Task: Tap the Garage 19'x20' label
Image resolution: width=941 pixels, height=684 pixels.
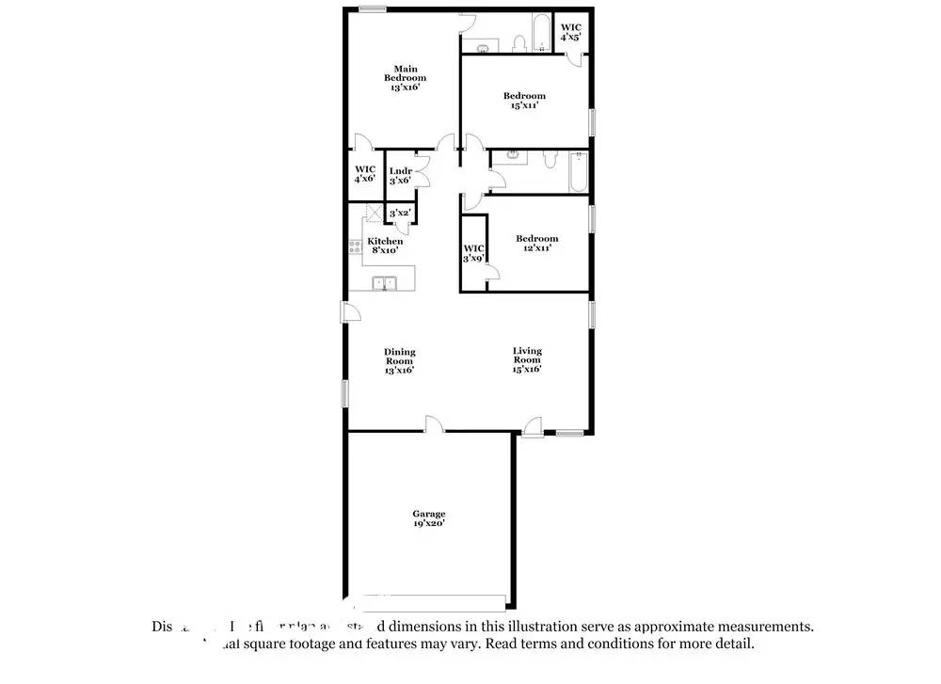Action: click(428, 518)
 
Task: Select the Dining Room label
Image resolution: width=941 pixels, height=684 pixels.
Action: click(399, 361)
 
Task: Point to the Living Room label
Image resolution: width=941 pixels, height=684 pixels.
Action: click(527, 360)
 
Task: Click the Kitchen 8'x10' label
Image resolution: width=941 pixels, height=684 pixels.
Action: click(385, 247)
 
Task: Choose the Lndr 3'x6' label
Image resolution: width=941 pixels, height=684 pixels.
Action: click(400, 176)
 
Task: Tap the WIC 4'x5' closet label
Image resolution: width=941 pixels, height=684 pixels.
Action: click(570, 32)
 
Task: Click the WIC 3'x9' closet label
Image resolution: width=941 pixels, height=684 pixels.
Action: click(473, 253)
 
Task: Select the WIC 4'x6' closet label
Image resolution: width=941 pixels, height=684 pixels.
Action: click(365, 174)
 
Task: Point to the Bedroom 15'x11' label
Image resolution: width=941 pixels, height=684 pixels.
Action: click(524, 101)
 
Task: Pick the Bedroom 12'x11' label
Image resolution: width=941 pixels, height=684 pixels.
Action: click(536, 244)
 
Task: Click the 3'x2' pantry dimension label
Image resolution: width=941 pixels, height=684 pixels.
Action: click(400, 214)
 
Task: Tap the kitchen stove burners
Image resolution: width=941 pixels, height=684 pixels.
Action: click(356, 248)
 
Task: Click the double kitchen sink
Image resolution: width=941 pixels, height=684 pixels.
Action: click(386, 281)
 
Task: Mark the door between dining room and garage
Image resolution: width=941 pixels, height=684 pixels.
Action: click(434, 425)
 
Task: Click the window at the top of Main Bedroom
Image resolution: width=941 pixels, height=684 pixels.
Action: click(373, 9)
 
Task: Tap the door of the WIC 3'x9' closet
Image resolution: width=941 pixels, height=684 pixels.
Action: click(491, 274)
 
